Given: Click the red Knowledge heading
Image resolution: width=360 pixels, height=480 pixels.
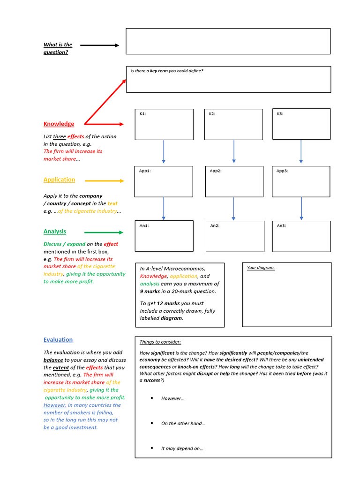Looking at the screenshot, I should pyautogui.click(x=59, y=124).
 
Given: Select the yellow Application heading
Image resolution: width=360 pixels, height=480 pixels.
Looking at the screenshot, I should pyautogui.click(x=59, y=180).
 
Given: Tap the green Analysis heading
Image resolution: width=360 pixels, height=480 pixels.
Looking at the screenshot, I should pyautogui.click(x=55, y=231).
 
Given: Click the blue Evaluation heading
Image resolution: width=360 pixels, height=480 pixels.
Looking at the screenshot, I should pyautogui.click(x=58, y=339).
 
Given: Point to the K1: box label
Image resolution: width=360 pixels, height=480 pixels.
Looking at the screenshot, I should pyautogui.click(x=143, y=114).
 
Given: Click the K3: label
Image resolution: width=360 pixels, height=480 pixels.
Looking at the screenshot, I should pyautogui.click(x=280, y=113).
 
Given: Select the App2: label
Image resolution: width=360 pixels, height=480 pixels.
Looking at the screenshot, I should pyautogui.click(x=216, y=171).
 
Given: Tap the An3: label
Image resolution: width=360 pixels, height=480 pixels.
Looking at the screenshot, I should pyautogui.click(x=281, y=226).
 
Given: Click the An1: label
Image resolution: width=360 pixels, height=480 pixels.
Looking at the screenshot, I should pyautogui.click(x=144, y=226).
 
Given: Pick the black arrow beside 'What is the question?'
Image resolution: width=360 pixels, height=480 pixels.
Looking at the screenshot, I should pyautogui.click(x=99, y=45).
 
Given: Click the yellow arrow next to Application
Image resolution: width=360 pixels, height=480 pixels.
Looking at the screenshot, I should pyautogui.click(x=104, y=180).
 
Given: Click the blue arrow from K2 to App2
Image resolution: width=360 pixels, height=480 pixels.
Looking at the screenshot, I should pyautogui.click(x=234, y=151).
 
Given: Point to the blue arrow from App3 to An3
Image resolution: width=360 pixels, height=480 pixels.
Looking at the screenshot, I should pyautogui.click(x=301, y=208).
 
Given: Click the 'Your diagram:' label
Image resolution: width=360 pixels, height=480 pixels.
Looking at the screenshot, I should pyautogui.click(x=261, y=268).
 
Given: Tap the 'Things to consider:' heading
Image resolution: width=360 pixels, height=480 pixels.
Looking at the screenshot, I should pyautogui.click(x=160, y=342).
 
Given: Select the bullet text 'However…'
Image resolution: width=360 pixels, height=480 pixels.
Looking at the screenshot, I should pyautogui.click(x=173, y=398).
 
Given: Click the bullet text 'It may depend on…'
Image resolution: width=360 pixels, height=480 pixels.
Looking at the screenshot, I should pyautogui.click(x=182, y=448).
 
